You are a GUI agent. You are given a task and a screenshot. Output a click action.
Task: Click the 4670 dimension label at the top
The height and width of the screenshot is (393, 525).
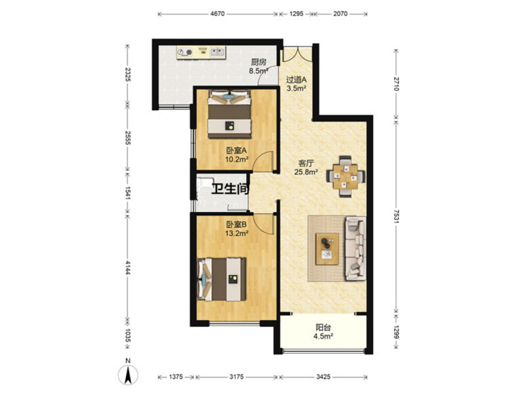click(x=218, y=14)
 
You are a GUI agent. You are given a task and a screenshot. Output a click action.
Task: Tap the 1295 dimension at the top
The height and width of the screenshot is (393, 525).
click(x=296, y=14)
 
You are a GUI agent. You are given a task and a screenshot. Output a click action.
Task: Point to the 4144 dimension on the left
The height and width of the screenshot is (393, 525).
click(x=127, y=267)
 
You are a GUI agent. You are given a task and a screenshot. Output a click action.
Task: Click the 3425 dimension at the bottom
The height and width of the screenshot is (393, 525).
click(x=323, y=377)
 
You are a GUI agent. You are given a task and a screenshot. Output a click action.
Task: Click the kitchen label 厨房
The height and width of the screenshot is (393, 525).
click(x=259, y=62)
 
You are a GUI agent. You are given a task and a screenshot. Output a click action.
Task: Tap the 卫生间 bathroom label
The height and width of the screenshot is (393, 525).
click(x=230, y=189)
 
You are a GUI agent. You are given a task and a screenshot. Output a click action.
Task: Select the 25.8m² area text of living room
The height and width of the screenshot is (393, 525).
click(x=306, y=172)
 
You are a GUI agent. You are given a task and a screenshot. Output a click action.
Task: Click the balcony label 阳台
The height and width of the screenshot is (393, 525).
click(x=323, y=327)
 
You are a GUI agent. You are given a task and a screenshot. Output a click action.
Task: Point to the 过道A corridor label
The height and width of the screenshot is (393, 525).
click(x=296, y=80)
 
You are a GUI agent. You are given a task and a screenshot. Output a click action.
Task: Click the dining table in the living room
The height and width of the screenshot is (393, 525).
click(x=345, y=176)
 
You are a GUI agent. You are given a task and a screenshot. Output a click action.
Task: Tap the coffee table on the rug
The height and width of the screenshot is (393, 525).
click(x=327, y=249)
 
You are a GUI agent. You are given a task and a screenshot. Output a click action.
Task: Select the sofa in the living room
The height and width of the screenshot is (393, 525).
click(x=355, y=248)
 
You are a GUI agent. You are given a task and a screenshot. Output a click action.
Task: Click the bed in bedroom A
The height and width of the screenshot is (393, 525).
click(x=229, y=114)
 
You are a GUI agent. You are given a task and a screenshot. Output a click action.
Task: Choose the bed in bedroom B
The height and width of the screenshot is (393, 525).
click(x=222, y=279)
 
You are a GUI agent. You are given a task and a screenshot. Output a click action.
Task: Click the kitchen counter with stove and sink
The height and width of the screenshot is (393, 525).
click(x=202, y=52)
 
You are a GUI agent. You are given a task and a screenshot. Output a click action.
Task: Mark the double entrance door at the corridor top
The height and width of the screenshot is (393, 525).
click(x=298, y=53)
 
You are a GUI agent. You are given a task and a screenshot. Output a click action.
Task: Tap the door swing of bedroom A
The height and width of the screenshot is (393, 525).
click(x=263, y=161)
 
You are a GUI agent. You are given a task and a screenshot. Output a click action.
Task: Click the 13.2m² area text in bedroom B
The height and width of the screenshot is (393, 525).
click(x=236, y=233)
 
